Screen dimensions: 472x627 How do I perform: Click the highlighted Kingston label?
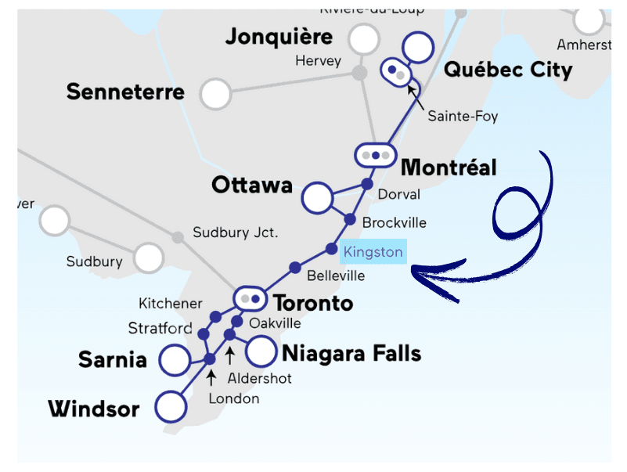373,252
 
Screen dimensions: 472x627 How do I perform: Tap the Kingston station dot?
332,250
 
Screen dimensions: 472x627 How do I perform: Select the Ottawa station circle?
318,197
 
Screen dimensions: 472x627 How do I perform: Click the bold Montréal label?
449,168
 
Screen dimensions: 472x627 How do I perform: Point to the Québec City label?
508,70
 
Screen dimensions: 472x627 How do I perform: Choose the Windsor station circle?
171,407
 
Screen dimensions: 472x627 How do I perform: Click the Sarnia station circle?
175,360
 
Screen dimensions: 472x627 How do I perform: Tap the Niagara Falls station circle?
261,352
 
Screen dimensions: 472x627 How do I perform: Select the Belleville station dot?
295,268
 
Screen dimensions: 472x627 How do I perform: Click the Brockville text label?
394,222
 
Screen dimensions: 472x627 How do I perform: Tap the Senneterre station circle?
215,94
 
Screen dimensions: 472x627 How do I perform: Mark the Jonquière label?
279,37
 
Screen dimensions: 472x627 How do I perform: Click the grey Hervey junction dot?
359,73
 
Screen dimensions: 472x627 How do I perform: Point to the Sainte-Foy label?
463,117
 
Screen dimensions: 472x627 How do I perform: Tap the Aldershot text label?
259,378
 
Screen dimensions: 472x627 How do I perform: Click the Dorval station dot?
366,184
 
